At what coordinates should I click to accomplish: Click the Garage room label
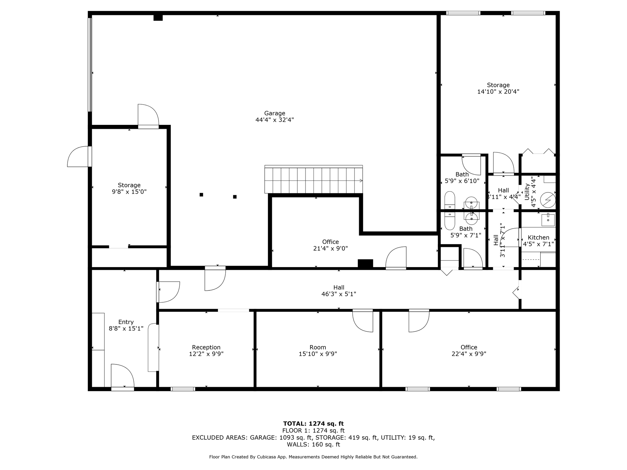pyautogui.click(x=275, y=113)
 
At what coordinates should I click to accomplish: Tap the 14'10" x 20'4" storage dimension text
pyautogui.click(x=498, y=91)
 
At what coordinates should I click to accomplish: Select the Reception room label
pyautogui.click(x=206, y=347)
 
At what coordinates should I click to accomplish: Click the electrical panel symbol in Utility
pyautogui.click(x=548, y=200)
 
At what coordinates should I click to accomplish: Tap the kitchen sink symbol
pyautogui.click(x=548, y=220)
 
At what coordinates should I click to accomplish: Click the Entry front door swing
pyautogui.click(x=122, y=376)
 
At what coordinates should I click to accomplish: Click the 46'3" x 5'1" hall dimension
pyautogui.click(x=339, y=294)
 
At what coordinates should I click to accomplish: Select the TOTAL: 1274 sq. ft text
pyautogui.click(x=313, y=423)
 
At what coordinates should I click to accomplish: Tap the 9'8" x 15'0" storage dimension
pyautogui.click(x=129, y=192)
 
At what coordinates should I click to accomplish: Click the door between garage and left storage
pyautogui.click(x=148, y=116)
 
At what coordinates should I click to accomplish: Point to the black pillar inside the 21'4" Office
pyautogui.click(x=365, y=263)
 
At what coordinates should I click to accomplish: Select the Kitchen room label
pyautogui.click(x=538, y=237)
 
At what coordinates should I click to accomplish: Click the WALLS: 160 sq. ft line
pyautogui.click(x=313, y=444)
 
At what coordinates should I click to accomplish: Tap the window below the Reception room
pyautogui.click(x=183, y=389)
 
